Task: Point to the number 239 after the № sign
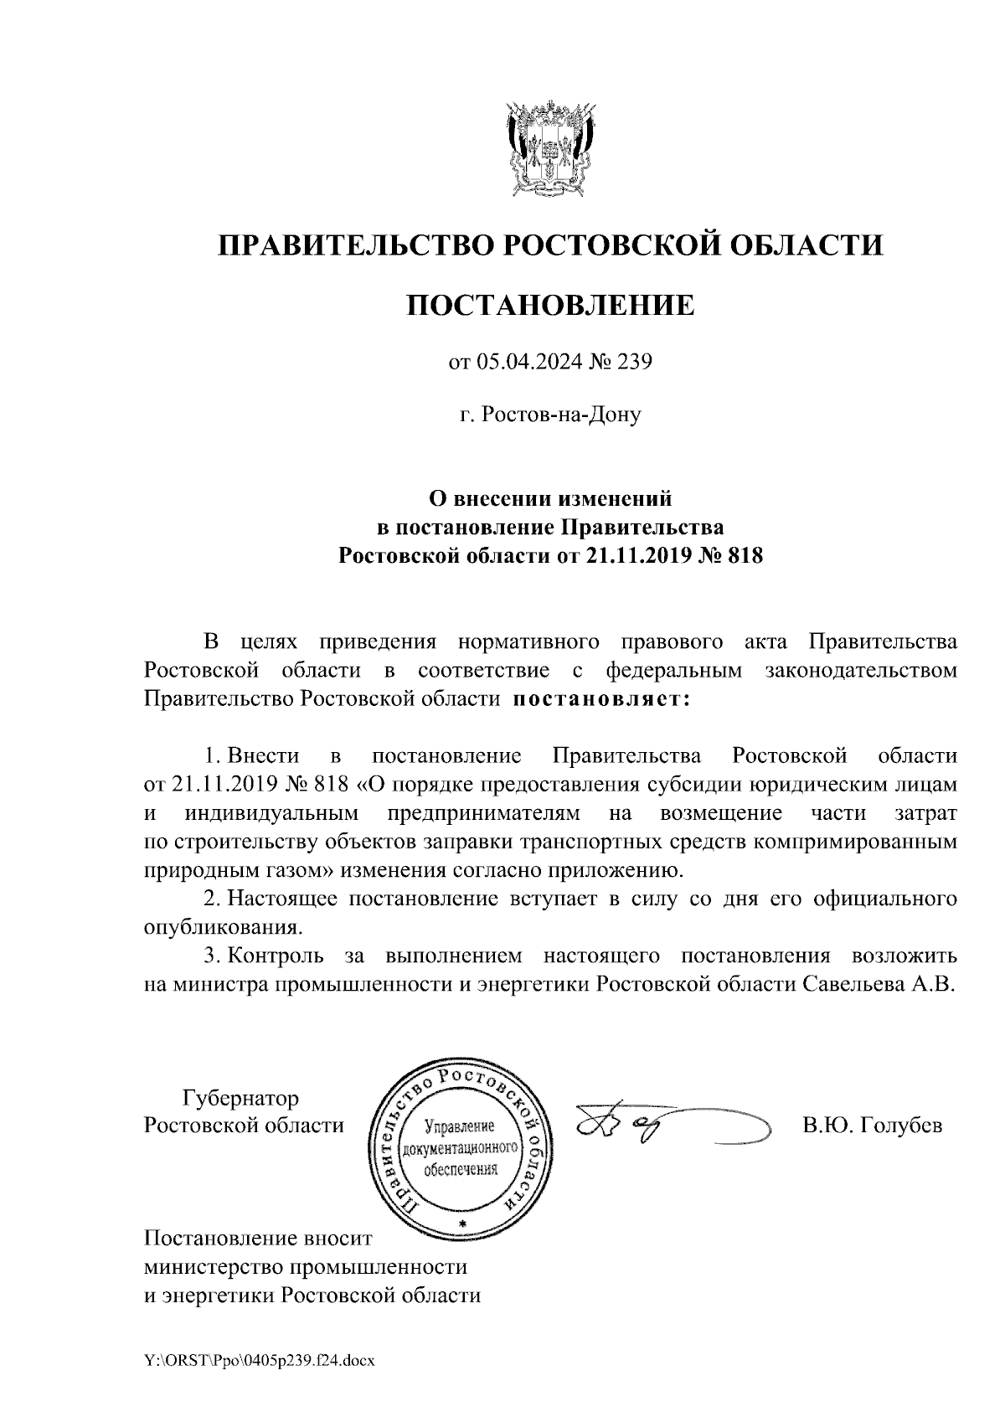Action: pyautogui.click(x=635, y=363)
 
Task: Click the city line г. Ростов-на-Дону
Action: pyautogui.click(x=550, y=415)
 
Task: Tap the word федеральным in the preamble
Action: pyautogui.click(x=674, y=670)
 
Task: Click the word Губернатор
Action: pyautogui.click(x=240, y=1097)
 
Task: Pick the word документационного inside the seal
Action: pyautogui.click(x=461, y=1147)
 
